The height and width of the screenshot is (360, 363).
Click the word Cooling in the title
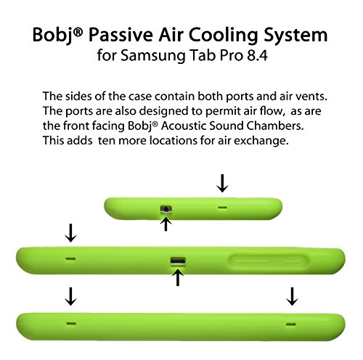[224, 36]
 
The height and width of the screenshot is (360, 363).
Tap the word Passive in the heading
[121, 35]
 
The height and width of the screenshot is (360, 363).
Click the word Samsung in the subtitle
[152, 56]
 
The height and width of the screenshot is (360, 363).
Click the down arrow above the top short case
[222, 184]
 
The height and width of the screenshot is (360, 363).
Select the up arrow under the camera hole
[166, 224]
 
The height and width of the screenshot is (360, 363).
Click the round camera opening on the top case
[166, 209]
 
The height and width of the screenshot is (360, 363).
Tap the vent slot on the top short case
[222, 208]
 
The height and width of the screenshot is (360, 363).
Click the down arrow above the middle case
[71, 233]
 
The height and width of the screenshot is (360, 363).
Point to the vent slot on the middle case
[70, 258]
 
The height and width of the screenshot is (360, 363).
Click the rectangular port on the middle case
[178, 261]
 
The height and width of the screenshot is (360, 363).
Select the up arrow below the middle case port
[178, 277]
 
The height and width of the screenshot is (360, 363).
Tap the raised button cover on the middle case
[269, 262]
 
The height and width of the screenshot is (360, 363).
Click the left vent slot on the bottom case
[71, 324]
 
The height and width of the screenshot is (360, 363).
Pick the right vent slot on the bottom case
[290, 324]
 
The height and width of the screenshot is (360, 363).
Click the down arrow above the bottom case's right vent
[292, 296]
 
